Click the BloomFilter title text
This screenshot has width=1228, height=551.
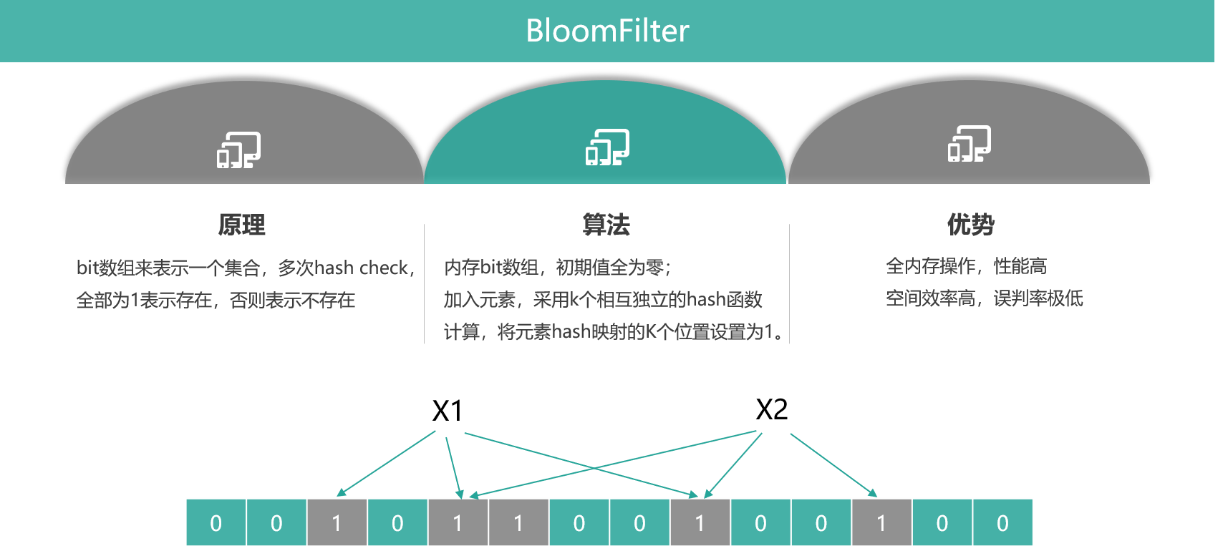click(607, 31)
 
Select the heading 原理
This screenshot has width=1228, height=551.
click(242, 225)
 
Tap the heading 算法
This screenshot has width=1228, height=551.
click(606, 225)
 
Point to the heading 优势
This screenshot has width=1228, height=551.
click(970, 224)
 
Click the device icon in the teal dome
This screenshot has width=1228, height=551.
click(607, 147)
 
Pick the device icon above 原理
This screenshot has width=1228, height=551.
click(238, 150)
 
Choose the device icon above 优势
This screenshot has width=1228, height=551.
click(970, 144)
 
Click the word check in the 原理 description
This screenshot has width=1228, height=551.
click(384, 268)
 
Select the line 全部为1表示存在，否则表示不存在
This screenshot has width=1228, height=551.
click(216, 300)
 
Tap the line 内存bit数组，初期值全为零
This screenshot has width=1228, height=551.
click(557, 268)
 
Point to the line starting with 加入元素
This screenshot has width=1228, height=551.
click(603, 299)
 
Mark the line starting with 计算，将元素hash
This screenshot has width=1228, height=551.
click(613, 331)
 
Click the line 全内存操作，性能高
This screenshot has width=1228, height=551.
click(966, 266)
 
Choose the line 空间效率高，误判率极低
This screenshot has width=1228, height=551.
click(985, 298)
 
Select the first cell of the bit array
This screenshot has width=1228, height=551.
click(216, 523)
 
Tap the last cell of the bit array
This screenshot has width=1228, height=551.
click(1002, 523)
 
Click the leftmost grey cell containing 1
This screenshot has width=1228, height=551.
click(337, 523)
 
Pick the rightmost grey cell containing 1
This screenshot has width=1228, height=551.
click(881, 523)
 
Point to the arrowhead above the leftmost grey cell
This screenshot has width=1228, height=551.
click(342, 492)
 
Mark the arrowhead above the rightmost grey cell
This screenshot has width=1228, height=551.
click(873, 492)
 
